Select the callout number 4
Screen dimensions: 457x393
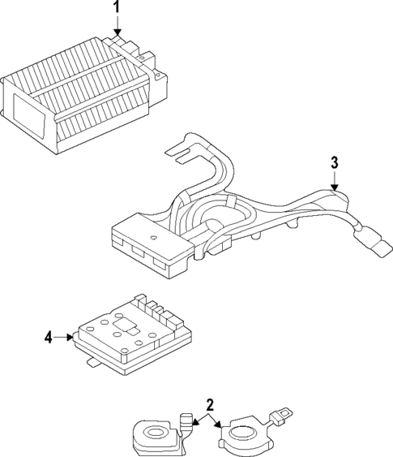point(49,337)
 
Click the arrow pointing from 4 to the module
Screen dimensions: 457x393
point(68,337)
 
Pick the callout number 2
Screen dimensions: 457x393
point(209,403)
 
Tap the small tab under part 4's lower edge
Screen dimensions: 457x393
point(94,363)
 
